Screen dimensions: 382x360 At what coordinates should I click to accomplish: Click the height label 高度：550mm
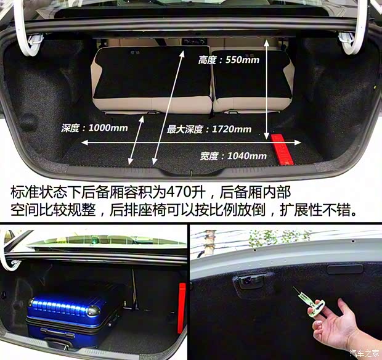(229, 60)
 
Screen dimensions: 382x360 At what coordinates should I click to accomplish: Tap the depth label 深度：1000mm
(94, 128)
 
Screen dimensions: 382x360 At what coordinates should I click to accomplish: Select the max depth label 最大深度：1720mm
(209, 129)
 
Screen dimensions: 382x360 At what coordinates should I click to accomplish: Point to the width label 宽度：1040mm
(233, 156)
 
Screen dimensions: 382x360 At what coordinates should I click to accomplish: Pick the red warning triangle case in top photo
(282, 149)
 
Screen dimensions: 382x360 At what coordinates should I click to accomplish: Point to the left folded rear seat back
(152, 80)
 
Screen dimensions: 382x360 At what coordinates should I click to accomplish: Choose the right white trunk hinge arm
(356, 27)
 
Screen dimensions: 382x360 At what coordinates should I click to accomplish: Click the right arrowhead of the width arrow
(298, 142)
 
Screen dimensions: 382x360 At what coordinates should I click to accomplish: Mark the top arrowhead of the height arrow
(267, 43)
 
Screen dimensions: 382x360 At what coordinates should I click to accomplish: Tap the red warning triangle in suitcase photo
(182, 308)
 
